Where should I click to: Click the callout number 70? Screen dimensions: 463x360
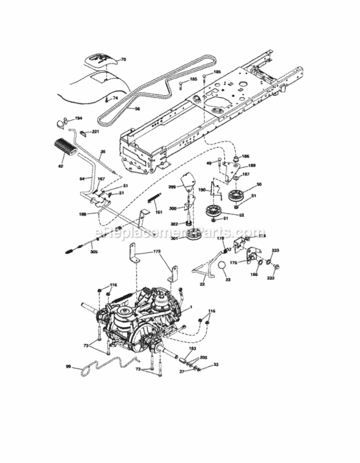click(x=122, y=60)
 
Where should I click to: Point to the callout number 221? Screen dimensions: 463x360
click(x=95, y=131)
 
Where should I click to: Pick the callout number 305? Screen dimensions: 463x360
click(x=93, y=252)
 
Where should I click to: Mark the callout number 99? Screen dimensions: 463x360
click(x=68, y=367)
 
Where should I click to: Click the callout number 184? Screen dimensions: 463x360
click(x=78, y=117)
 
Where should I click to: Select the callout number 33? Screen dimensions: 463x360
click(x=216, y=365)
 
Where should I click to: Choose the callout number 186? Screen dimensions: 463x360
click(x=245, y=157)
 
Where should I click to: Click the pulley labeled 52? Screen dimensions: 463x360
click(x=214, y=213)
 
